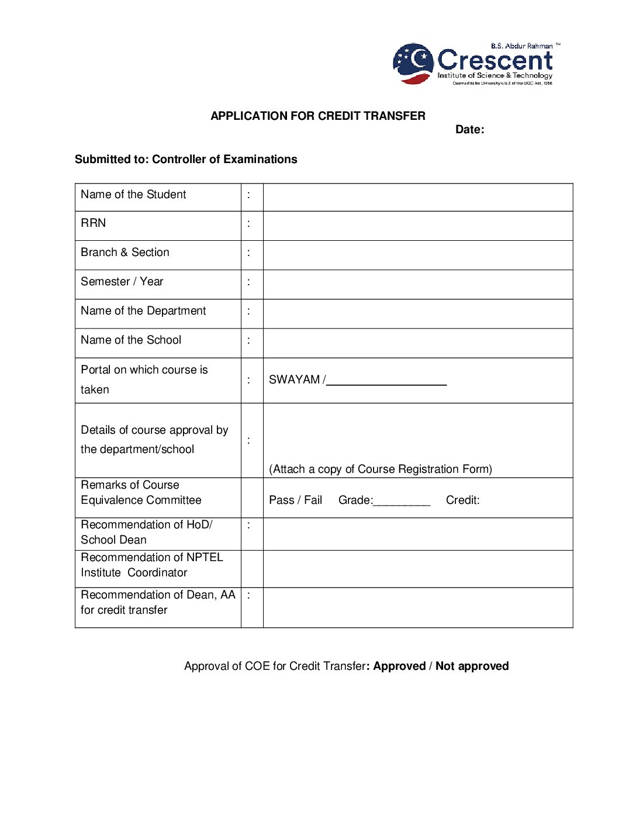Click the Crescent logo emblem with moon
click(413, 63)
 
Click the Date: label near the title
click(469, 130)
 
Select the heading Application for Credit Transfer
click(317, 116)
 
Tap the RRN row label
click(94, 223)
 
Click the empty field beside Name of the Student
click(417, 197)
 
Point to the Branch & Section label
click(125, 252)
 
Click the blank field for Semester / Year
click(417, 284)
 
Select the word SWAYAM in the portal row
click(294, 379)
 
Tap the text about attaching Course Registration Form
click(380, 469)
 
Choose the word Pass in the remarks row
click(281, 500)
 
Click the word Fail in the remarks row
click(313, 500)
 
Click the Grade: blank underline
click(402, 503)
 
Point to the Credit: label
click(462, 500)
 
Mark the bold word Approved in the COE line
click(399, 666)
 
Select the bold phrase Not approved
click(472, 666)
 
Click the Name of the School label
click(131, 340)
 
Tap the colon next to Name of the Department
click(249, 311)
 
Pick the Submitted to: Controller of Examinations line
click(186, 159)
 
